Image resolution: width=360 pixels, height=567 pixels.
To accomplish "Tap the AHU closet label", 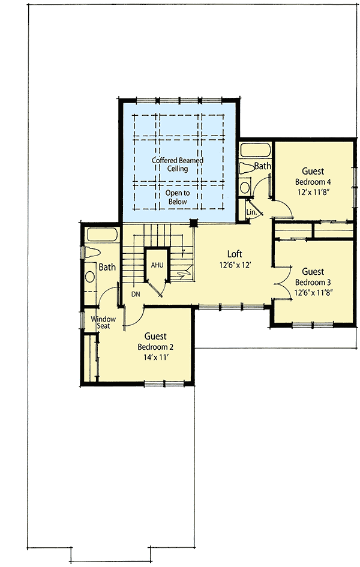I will point(157,265).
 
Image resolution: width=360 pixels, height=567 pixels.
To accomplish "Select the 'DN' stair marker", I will point(136,295).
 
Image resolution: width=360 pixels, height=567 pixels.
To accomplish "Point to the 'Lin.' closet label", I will point(251,212).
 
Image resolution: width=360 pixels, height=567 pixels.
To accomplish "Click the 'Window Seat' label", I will point(103,323).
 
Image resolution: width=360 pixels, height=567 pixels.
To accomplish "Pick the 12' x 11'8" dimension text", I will point(313,193).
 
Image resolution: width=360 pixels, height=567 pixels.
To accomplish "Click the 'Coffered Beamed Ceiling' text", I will point(178,164).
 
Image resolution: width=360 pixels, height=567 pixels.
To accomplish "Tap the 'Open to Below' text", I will point(178,197).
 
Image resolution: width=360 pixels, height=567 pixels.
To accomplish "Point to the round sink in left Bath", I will point(90,277).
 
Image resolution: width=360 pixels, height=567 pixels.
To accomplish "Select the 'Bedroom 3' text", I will point(313,282).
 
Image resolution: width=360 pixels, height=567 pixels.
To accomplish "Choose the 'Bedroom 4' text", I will point(313,182).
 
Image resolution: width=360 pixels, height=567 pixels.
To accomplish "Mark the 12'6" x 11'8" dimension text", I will point(313,293).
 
